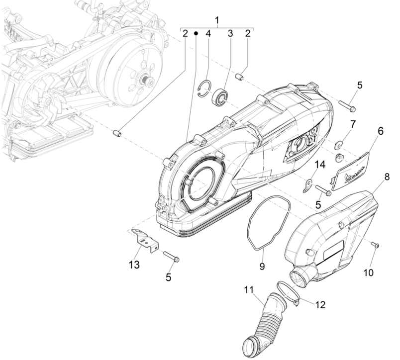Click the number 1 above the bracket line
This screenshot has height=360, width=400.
click(217, 20)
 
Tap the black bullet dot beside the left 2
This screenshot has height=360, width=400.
click(197, 34)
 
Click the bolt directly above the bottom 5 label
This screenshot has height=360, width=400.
click(169, 258)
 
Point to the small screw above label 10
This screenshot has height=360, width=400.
click(375, 245)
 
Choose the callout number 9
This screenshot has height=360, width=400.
click(262, 266)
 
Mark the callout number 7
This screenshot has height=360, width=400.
click(353, 123)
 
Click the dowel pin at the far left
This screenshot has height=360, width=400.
click(117, 133)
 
